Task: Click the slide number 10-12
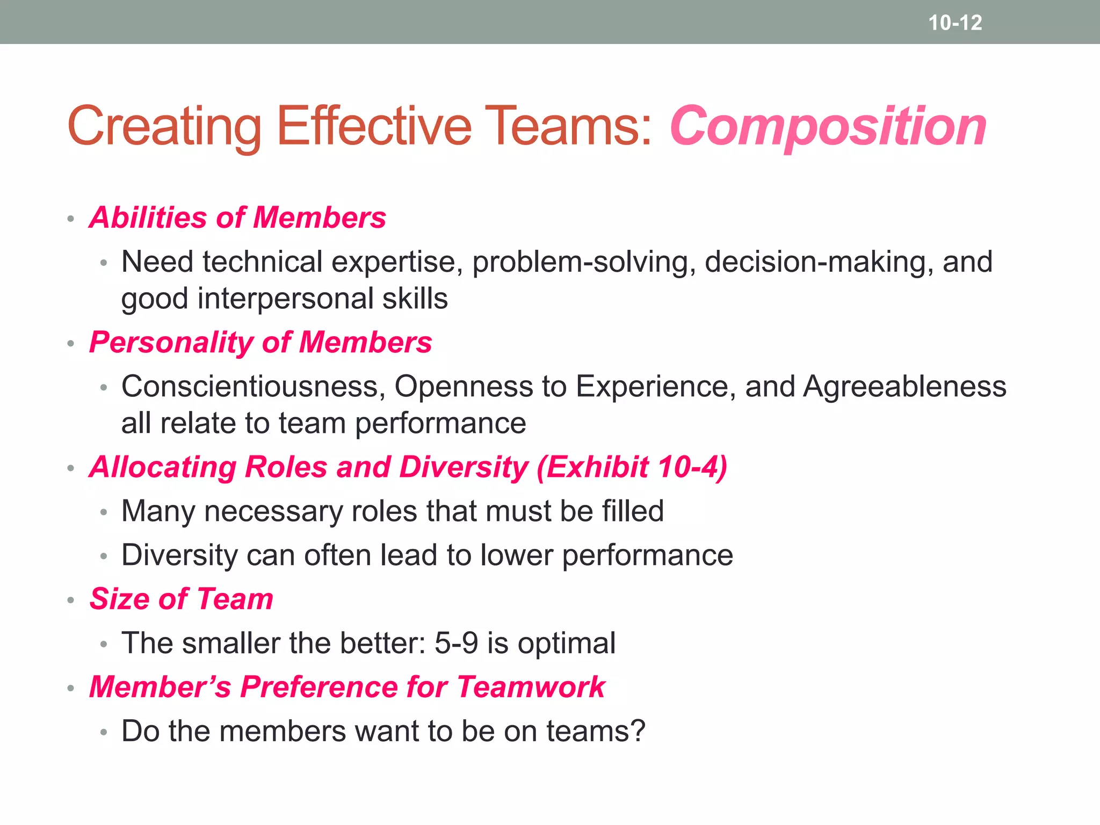(955, 23)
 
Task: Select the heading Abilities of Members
(238, 218)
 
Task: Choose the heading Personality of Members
(260, 342)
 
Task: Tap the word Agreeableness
(904, 387)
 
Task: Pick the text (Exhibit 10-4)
(632, 467)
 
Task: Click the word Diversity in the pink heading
(464, 467)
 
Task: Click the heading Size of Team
(182, 599)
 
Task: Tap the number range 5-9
(456, 643)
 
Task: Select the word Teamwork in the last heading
(531, 687)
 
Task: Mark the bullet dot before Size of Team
(70, 600)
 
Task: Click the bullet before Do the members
(104, 732)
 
